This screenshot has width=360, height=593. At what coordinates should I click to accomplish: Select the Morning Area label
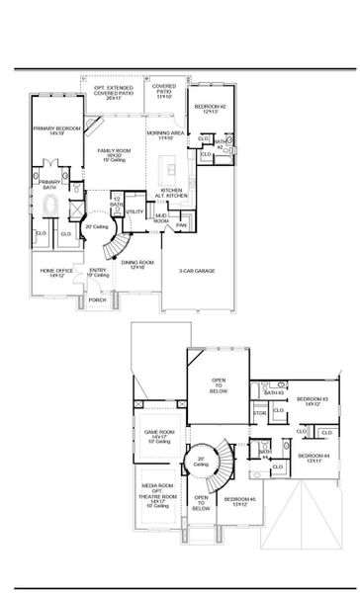[x=162, y=134]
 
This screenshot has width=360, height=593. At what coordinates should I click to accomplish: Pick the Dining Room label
[x=134, y=264]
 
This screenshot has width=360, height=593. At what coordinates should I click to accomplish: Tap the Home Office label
[x=53, y=273]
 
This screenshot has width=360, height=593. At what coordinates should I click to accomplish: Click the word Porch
[x=97, y=299]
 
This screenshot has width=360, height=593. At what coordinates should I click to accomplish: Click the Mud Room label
[x=161, y=218]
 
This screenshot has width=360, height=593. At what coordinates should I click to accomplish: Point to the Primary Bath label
[x=49, y=184]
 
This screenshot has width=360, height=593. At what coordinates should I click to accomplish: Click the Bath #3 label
[x=274, y=392]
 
